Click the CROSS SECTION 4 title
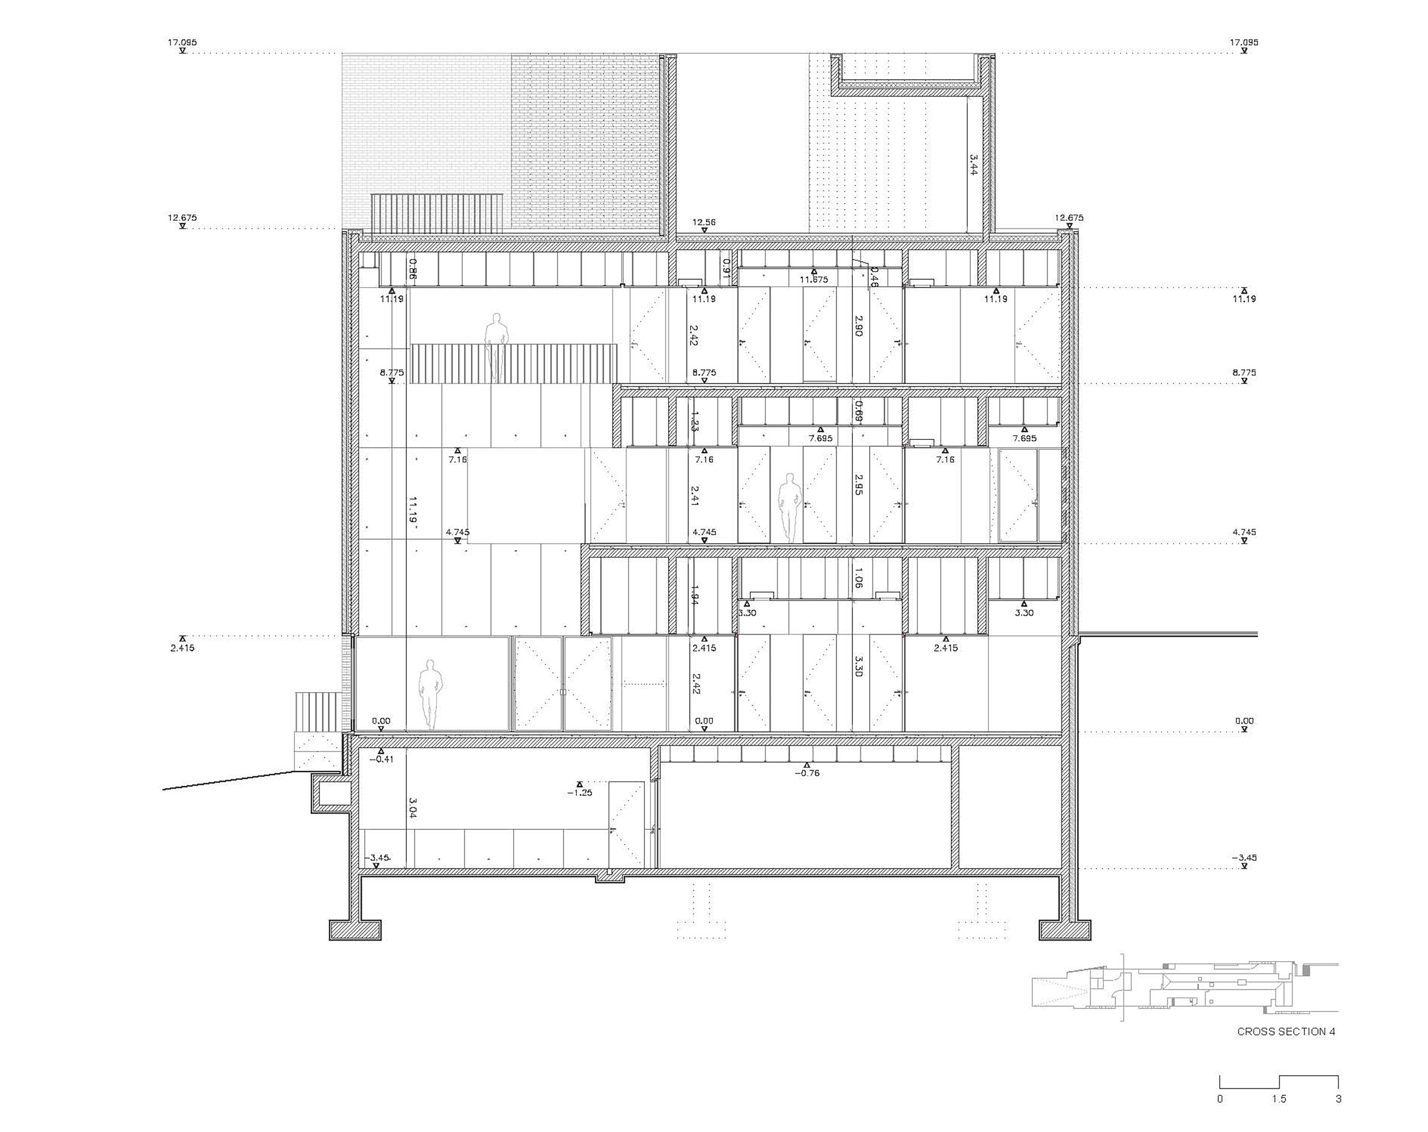tap(1286, 1031)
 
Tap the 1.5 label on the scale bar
tap(1278, 1099)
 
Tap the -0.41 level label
tap(382, 759)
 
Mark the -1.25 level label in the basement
tap(580, 793)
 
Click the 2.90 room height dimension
tap(858, 325)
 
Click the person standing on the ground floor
tap(430, 694)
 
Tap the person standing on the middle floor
tap(788, 507)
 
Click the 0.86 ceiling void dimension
tap(413, 269)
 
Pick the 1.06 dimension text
tap(858, 577)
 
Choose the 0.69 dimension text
tap(858, 411)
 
